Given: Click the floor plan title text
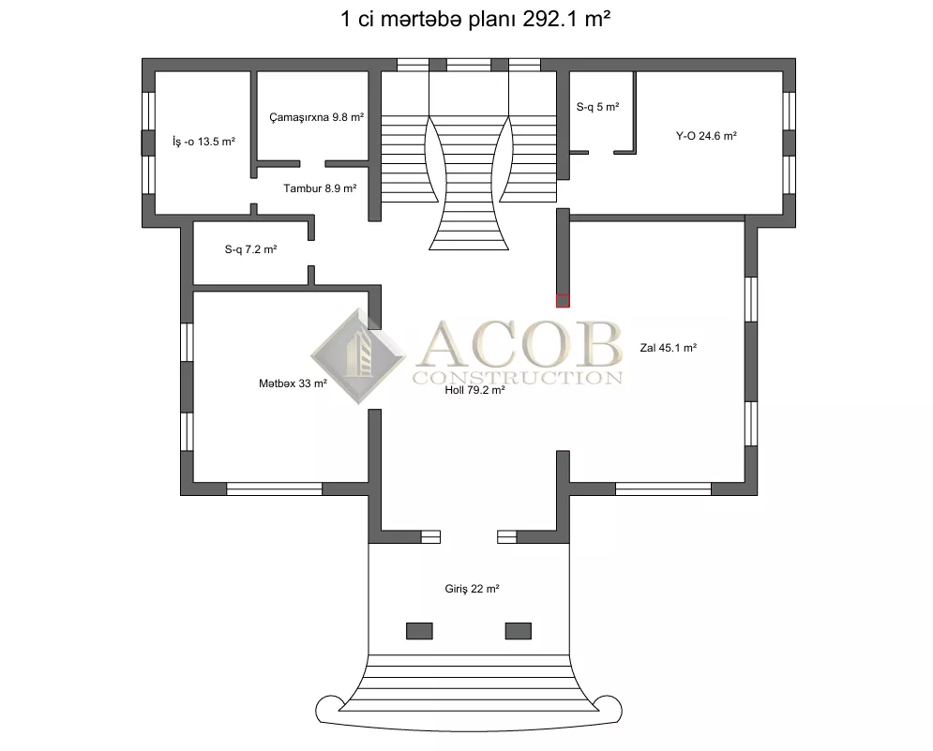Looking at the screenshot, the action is [474, 19].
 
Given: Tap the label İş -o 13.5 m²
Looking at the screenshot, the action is [203, 142].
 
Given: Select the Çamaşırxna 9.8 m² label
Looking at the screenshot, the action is [317, 117].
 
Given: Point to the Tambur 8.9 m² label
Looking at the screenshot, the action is [320, 188].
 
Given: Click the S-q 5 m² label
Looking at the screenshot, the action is [598, 107].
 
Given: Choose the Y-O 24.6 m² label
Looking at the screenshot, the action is [706, 136].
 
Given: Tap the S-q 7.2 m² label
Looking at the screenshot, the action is [250, 249].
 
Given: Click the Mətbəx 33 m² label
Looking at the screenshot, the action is [293, 383].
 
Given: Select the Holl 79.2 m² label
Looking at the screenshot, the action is [474, 390].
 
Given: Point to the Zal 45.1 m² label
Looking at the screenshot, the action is [669, 348].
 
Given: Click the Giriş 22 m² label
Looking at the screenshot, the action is [472, 589].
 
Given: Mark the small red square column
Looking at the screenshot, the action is [563, 301].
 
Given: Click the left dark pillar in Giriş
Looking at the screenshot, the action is [419, 631].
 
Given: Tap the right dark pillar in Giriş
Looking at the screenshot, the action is [519, 631].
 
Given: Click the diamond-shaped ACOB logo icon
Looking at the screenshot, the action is [358, 356].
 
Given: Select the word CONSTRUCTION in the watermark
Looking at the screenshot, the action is [518, 377].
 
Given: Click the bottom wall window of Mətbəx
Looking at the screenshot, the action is [275, 489].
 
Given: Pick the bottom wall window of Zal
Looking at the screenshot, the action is [664, 489].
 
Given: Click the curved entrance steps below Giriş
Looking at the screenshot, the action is [469, 684].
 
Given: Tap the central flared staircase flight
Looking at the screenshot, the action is [469, 185].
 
